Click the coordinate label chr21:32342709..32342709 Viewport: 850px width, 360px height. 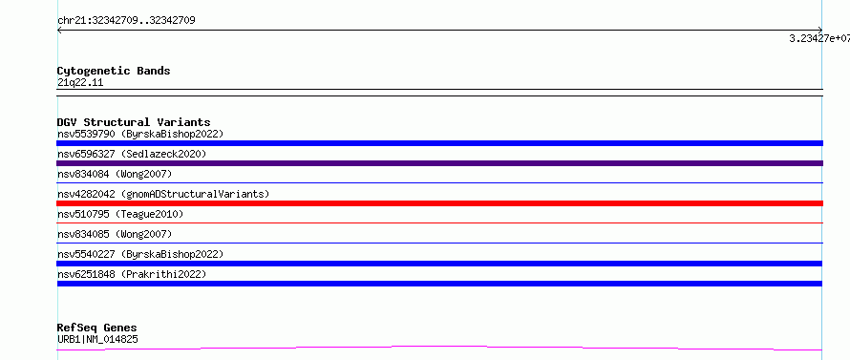126,21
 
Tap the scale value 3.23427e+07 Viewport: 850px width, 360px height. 819,38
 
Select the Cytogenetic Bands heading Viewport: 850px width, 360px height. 114,71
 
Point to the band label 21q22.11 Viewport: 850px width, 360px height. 80,83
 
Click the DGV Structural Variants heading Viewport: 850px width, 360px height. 134,122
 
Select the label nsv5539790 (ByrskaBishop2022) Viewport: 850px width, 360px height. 140,134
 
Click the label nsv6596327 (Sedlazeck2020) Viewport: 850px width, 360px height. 132,154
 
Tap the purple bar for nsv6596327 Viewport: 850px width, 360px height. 439,163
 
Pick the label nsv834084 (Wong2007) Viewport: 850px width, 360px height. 115,174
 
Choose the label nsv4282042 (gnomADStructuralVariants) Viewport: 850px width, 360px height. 163,194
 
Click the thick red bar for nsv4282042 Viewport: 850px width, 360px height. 439,203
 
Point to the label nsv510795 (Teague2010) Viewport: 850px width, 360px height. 120,214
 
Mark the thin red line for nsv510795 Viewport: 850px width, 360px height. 439,222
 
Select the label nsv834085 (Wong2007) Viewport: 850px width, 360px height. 115,234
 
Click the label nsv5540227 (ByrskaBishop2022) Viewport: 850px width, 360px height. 140,254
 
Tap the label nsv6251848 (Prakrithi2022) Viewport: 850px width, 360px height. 132,274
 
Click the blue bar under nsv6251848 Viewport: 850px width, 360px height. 439,284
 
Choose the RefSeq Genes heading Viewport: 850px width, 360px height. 97,328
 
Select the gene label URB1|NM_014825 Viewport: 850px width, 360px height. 97,340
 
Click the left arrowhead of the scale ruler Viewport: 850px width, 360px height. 58,31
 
